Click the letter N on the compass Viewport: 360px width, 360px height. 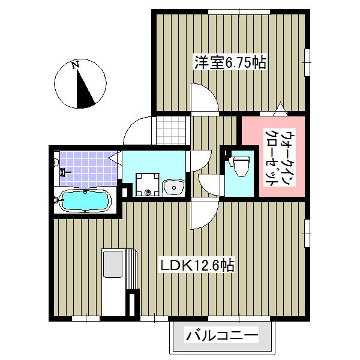point(76,65)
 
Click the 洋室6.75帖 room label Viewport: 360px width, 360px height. point(230,62)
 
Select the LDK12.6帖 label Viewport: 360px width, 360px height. point(197,266)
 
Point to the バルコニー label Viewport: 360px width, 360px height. point(222,335)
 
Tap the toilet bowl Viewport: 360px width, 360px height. point(241,166)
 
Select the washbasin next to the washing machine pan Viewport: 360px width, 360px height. point(174,187)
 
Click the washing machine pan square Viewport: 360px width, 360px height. point(148,185)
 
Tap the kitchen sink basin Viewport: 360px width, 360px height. point(113,264)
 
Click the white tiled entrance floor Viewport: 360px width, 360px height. point(171,131)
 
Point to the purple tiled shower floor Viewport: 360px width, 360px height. point(88,169)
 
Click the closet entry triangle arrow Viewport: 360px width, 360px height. point(280,109)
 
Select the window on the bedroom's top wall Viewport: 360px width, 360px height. point(239,12)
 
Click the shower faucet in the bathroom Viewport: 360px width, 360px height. point(65,172)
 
